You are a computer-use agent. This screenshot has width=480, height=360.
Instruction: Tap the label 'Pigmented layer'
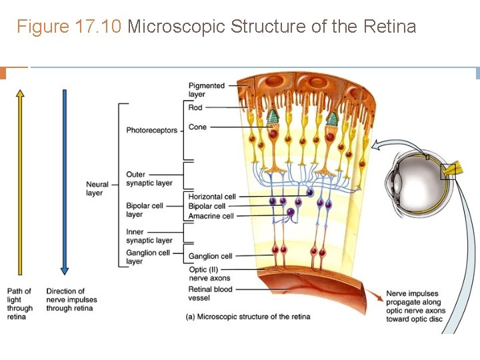pos(207,90)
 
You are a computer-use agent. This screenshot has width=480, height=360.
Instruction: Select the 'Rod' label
pos(195,107)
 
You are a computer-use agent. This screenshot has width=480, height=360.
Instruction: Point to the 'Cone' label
pos(197,127)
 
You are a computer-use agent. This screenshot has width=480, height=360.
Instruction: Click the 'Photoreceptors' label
pos(152,130)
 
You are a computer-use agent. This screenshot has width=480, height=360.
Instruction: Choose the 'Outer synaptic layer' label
pos(149,179)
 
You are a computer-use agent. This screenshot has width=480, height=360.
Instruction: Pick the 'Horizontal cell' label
pos(212,197)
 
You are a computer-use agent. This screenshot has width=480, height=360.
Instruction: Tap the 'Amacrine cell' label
pos(211,216)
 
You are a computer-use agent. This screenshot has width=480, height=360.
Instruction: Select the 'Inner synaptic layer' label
pos(149,236)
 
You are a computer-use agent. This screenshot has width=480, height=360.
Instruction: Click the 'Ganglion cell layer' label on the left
pos(148,257)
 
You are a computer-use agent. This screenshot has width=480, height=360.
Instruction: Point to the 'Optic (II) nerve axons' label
pos(209,274)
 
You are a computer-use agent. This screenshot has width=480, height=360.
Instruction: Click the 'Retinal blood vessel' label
pos(211,293)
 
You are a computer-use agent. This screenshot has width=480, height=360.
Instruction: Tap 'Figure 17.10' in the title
pos(69,27)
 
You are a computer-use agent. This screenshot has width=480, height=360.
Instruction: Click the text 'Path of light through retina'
pos(19,303)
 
